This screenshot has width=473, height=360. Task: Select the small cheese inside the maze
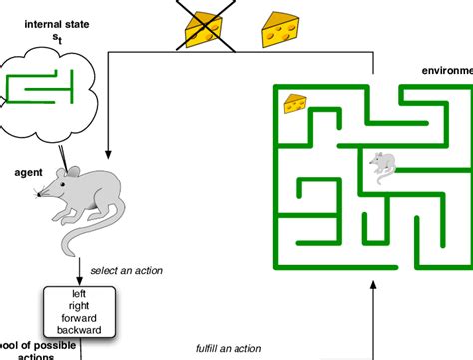click(295, 103)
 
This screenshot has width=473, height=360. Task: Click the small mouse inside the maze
click(382, 162)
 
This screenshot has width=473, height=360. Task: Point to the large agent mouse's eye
click(56, 187)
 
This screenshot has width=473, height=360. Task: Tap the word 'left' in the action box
click(80, 295)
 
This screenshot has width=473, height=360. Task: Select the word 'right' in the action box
click(80, 306)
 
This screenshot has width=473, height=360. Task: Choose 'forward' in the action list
click(80, 318)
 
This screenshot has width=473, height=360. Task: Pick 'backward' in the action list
click(80, 329)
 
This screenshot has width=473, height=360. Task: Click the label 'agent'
click(28, 172)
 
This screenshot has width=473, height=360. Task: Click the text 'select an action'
click(126, 271)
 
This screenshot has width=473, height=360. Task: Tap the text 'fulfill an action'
click(229, 348)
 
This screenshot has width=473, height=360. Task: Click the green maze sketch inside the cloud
click(45, 89)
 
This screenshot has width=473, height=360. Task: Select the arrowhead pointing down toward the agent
click(106, 150)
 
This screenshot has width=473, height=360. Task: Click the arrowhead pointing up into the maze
click(373, 285)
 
